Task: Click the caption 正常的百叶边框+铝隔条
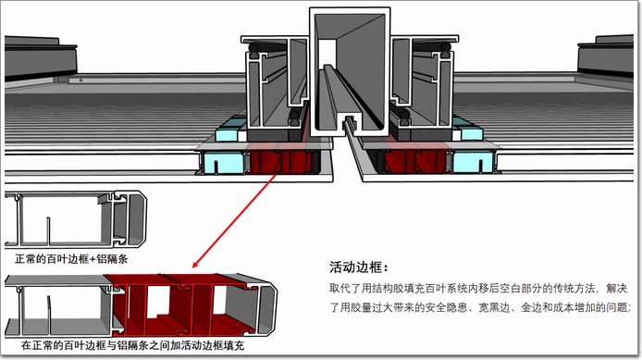(x=71, y=259)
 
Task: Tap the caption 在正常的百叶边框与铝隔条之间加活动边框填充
(x=132, y=345)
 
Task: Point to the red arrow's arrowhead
(x=196, y=264)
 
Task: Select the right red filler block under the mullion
(x=414, y=161)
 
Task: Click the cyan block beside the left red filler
(x=223, y=163)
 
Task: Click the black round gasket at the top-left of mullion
(x=253, y=49)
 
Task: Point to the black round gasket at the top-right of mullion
(x=446, y=49)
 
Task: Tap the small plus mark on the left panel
(x=81, y=80)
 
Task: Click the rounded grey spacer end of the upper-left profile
(x=137, y=219)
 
